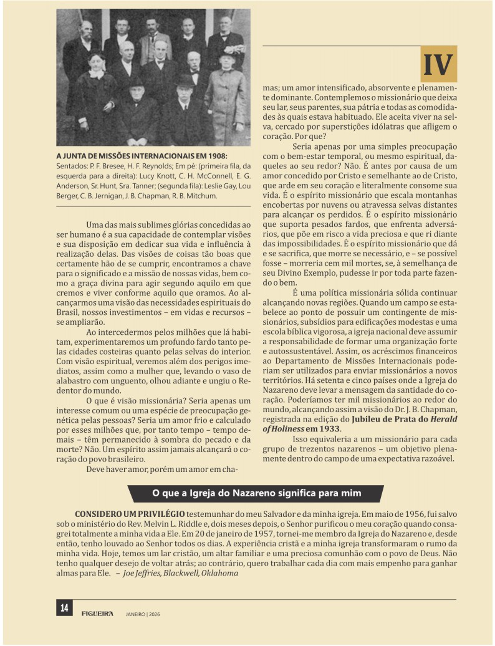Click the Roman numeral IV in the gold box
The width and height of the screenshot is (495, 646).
(x=438, y=65)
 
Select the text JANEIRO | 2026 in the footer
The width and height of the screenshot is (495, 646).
(x=143, y=614)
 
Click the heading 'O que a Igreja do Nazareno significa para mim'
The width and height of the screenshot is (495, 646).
(x=257, y=493)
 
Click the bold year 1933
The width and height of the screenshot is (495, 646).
(x=330, y=428)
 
